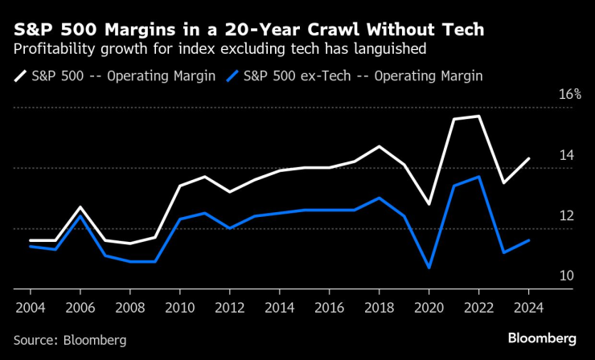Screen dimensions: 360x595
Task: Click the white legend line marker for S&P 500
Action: (x=19, y=77)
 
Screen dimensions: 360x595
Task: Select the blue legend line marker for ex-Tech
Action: (x=233, y=77)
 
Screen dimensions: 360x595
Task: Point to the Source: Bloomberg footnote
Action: (x=70, y=340)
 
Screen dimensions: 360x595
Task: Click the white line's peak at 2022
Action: (x=478, y=117)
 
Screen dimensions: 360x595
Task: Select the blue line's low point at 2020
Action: (x=429, y=268)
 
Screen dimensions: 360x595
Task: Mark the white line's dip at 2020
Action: (x=429, y=204)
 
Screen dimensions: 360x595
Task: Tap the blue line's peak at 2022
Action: (x=478, y=177)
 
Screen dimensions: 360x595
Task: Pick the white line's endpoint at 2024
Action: (x=528, y=158)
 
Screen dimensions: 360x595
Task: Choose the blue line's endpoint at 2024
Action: (x=528, y=240)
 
